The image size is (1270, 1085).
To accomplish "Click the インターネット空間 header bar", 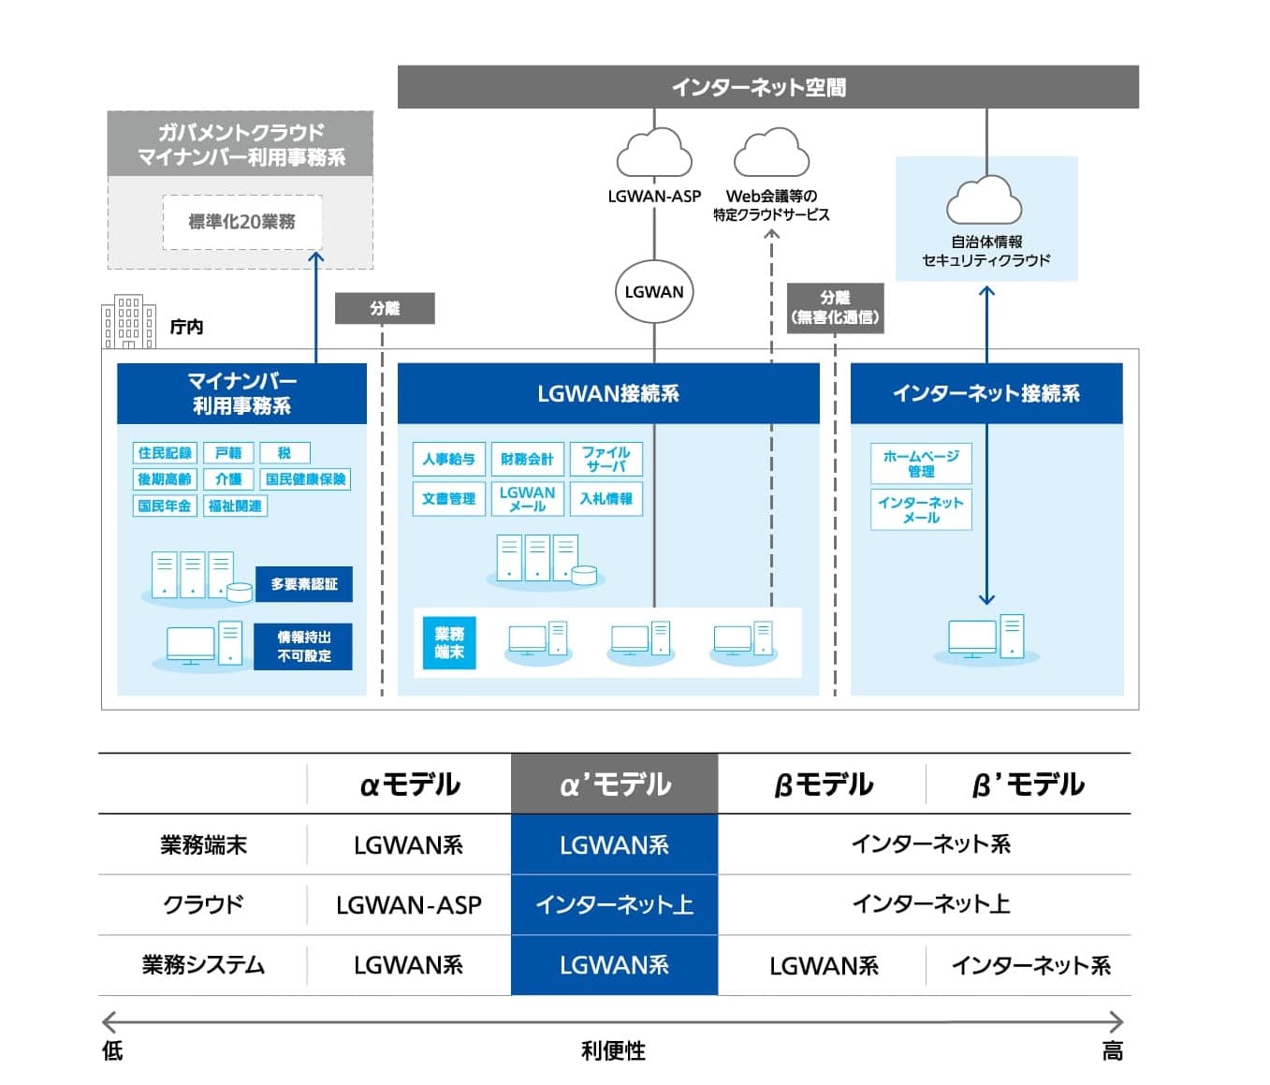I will (x=767, y=87).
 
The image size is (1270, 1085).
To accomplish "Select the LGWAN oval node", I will (x=654, y=292).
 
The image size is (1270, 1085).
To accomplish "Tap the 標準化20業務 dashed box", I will (x=242, y=222).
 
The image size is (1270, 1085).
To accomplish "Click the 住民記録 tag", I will (x=165, y=453).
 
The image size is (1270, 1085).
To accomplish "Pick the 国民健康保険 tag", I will (x=305, y=479).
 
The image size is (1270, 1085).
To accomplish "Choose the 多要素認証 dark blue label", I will (x=304, y=584).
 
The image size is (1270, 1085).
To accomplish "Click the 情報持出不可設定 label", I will (x=303, y=647).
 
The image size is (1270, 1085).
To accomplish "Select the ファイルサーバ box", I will (x=606, y=459).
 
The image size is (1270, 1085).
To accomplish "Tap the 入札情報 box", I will (x=606, y=499).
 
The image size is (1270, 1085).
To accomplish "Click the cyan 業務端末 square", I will (x=449, y=643).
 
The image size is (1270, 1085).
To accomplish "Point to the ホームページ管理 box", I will (x=921, y=463).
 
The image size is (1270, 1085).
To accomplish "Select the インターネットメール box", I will (x=921, y=510).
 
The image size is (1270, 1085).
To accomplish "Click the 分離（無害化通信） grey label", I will (x=835, y=308).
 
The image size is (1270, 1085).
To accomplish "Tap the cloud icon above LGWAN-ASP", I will (x=654, y=154).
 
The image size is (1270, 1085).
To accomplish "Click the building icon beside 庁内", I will (x=128, y=322).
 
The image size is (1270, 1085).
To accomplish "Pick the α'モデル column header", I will (x=614, y=784).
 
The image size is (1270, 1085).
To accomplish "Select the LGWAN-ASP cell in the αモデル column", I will (x=409, y=905).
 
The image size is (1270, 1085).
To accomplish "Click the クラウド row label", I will (x=203, y=905).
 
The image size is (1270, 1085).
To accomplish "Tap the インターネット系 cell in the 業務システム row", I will (x=1029, y=965).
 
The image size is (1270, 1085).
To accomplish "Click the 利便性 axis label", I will (x=613, y=1050).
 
